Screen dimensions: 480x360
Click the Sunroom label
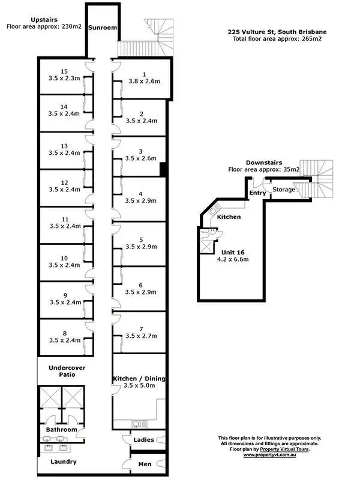[x=102, y=28]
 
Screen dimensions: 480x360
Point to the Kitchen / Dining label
[x=139, y=379]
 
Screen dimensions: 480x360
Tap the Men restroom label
[x=145, y=464]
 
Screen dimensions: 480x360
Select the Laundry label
[x=63, y=461]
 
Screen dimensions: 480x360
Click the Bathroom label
[x=62, y=430]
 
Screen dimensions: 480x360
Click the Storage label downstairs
[x=284, y=190]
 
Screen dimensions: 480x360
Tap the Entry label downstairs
[x=257, y=193]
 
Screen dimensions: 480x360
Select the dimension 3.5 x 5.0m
[x=139, y=386]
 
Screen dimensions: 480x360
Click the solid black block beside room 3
[x=162, y=170]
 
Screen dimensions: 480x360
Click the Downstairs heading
[x=264, y=163]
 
